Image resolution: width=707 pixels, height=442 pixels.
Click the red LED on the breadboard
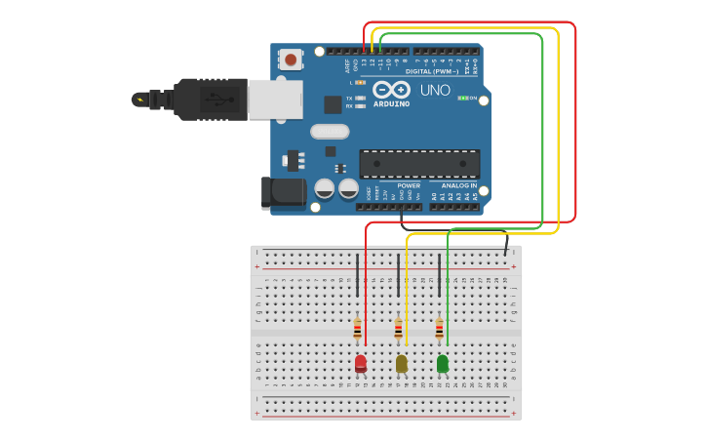coord(360,363)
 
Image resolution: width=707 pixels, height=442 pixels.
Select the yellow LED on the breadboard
coord(401,363)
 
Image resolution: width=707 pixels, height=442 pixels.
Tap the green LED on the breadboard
coord(442,363)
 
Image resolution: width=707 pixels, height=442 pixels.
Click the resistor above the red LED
coord(357,328)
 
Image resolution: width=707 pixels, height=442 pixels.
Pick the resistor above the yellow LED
coord(398,328)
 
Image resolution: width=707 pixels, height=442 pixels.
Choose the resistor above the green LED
coord(439,328)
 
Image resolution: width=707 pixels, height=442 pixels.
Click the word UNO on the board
coord(435,91)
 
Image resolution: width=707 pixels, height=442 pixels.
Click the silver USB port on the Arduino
coord(275,100)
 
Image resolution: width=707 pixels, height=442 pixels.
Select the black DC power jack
coord(284,192)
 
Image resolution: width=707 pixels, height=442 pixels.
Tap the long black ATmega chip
coord(419,163)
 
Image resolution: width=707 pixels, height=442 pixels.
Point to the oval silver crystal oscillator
coord(330,132)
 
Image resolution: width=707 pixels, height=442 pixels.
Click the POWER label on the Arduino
coord(409,185)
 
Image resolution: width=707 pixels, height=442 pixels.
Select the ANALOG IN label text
coord(458,185)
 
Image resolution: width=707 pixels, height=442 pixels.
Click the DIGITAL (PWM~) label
coord(432,71)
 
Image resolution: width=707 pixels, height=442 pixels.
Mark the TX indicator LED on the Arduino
coord(361,98)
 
